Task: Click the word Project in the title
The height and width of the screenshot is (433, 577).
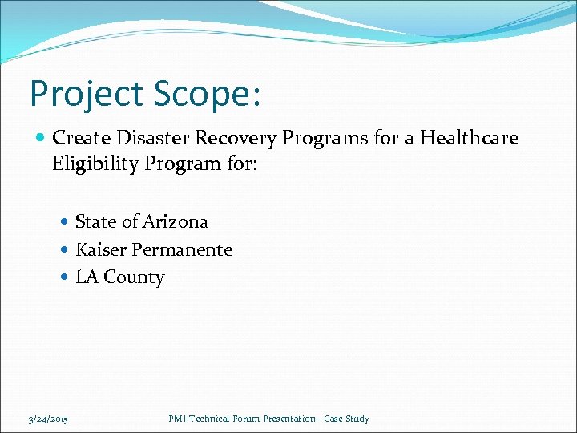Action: point(85,95)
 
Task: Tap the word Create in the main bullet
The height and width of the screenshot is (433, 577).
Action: point(79,138)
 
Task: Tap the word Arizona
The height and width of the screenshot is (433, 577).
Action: point(176,221)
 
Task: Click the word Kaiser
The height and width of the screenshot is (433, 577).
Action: point(101,249)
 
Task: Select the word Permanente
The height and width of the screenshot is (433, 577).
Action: point(182,249)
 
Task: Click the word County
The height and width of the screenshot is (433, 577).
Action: point(134,277)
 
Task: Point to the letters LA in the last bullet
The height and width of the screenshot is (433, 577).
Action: point(87,277)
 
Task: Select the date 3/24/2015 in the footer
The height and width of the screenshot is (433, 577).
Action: point(47,419)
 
